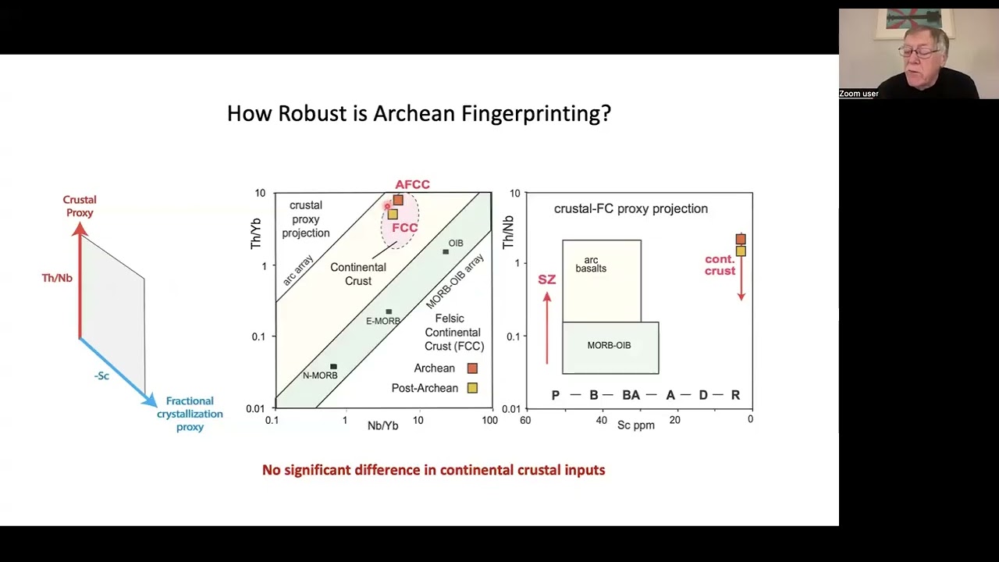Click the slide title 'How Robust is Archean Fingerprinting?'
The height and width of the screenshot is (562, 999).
[418, 114]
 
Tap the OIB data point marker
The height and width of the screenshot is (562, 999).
[446, 251]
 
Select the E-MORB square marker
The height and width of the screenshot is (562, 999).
[389, 311]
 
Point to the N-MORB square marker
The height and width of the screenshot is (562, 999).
[333, 366]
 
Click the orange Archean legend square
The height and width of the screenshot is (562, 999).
[472, 368]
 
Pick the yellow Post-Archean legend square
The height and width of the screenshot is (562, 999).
[472, 388]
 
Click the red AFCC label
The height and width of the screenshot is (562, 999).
[412, 184]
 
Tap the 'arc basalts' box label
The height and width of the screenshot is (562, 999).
[591, 265]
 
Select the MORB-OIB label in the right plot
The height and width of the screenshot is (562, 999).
[609, 345]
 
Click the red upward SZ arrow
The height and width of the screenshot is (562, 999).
[547, 328]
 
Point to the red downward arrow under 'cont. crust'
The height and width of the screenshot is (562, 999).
[741, 281]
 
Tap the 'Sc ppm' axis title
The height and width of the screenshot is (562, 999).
[636, 425]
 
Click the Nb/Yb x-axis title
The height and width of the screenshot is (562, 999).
[382, 425]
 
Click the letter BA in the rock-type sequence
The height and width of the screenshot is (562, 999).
[631, 395]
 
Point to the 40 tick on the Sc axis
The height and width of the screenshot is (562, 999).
[601, 420]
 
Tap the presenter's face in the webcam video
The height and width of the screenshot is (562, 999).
[922, 55]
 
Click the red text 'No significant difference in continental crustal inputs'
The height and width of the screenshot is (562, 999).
[433, 470]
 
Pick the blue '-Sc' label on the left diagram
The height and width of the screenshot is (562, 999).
[101, 375]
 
